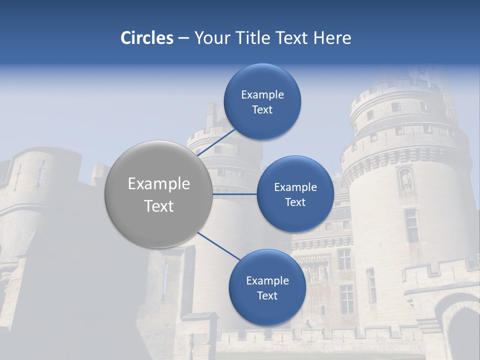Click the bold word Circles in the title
[146, 38]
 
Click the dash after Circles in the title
[183, 38]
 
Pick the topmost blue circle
[262, 101]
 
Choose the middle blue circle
[295, 194]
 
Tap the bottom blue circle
[267, 287]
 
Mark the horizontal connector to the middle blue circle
[234, 194]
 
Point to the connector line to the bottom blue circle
[218, 246]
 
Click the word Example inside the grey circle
[158, 183]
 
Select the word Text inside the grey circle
[158, 206]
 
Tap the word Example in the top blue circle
[262, 94]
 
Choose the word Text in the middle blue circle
[295, 202]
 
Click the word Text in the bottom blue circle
[267, 295]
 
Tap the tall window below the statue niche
[411, 225]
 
